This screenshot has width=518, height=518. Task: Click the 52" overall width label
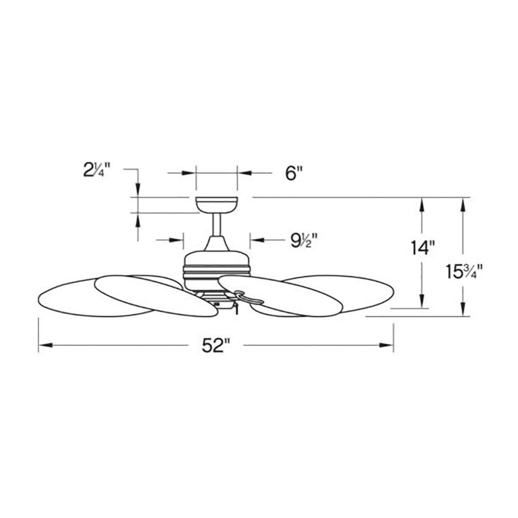pyautogui.click(x=215, y=346)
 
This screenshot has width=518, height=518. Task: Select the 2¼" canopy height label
pyautogui.click(x=96, y=171)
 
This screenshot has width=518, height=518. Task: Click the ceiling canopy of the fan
pyautogui.click(x=217, y=205)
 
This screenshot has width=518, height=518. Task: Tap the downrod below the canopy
pyautogui.click(x=217, y=224)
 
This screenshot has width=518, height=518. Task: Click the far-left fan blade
pyautogui.click(x=96, y=298)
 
